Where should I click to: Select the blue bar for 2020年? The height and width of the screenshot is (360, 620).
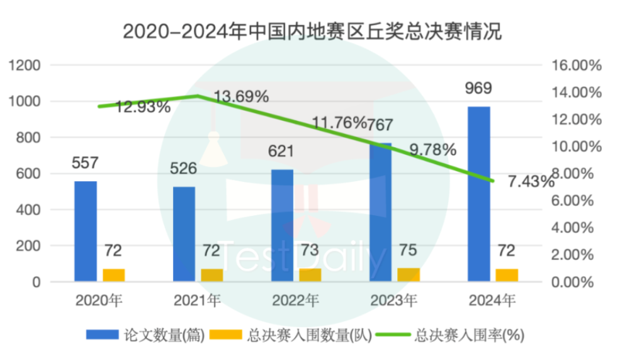86,232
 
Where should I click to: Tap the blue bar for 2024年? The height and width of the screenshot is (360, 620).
479,194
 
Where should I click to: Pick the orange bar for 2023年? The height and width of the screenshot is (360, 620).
409,275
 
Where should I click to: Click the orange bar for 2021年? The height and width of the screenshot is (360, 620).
212,275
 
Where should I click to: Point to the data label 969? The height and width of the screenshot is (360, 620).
479,88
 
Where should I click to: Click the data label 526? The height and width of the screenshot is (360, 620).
184,169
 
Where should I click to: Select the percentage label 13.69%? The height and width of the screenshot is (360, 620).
242,97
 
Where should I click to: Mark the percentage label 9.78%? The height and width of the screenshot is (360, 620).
432,150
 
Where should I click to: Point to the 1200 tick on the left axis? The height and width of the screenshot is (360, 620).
28,65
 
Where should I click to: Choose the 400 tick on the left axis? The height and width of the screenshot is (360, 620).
31,210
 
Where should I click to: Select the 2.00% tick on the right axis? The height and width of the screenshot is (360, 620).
573,255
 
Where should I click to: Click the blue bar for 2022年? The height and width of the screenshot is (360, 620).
282,225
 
